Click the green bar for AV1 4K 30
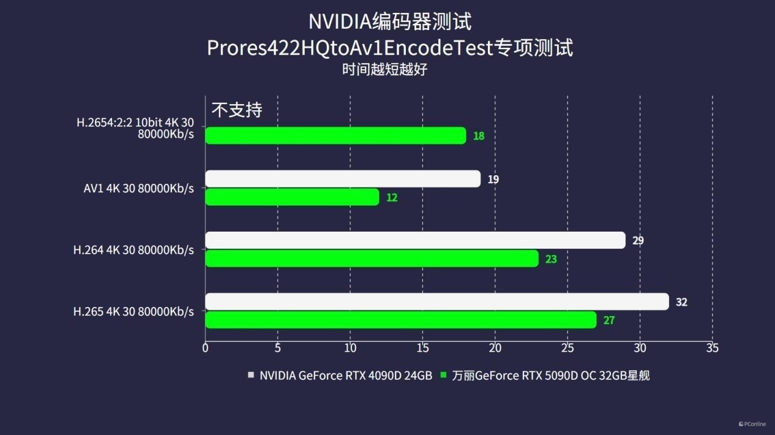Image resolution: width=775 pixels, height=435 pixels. pos(292,197)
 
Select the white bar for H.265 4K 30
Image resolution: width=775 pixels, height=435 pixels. pos(436,301)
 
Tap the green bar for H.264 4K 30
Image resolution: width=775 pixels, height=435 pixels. pos(372,259)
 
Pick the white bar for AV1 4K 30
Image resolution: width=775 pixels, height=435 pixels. pos(342,179)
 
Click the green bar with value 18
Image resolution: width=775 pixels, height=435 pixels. pos(335,135)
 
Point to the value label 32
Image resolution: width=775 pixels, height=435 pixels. pos(681,302)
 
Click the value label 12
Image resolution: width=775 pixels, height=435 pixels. pos(392,198)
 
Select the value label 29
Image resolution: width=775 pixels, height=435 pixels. pos(638,241)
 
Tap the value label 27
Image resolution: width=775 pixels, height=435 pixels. pos(608,320)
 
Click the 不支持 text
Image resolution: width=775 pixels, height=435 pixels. pos(237,110)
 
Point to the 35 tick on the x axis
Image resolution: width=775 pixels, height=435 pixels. pos(712,348)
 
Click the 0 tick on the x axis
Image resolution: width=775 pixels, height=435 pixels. pos(205,348)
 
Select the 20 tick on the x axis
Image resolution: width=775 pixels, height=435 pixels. pos(495,348)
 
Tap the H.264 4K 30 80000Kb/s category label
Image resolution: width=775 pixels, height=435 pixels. pos(133,250)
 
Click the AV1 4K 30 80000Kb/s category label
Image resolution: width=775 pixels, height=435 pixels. pos(138,189)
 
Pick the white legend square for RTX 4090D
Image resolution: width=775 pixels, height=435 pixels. pos(251,375)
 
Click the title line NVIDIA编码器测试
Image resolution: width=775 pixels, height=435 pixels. pos(389,22)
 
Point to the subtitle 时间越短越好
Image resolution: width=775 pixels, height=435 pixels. pos(384,69)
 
